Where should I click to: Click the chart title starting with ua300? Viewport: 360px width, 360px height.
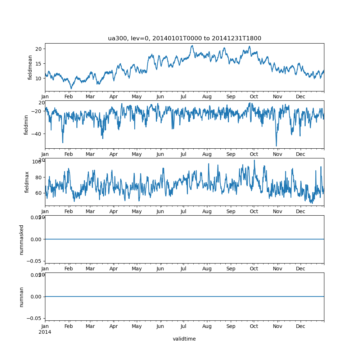click(184, 38)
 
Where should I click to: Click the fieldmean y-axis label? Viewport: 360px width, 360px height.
click(30, 67)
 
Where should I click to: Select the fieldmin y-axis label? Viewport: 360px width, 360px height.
click(26, 125)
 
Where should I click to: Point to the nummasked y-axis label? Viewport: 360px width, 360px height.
click(22, 239)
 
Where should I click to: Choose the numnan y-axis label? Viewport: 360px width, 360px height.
click(22, 297)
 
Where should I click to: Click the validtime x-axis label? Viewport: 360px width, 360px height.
click(184, 339)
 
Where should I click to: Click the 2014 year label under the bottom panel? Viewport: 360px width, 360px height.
click(45, 332)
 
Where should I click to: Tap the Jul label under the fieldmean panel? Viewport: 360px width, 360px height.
click(184, 97)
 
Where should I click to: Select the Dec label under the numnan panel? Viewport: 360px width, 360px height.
click(300, 326)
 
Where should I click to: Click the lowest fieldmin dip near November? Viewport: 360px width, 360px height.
click(276, 146)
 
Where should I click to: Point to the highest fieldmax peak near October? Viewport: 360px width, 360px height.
click(254, 160)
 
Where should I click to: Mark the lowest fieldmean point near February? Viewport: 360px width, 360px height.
click(71, 89)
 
